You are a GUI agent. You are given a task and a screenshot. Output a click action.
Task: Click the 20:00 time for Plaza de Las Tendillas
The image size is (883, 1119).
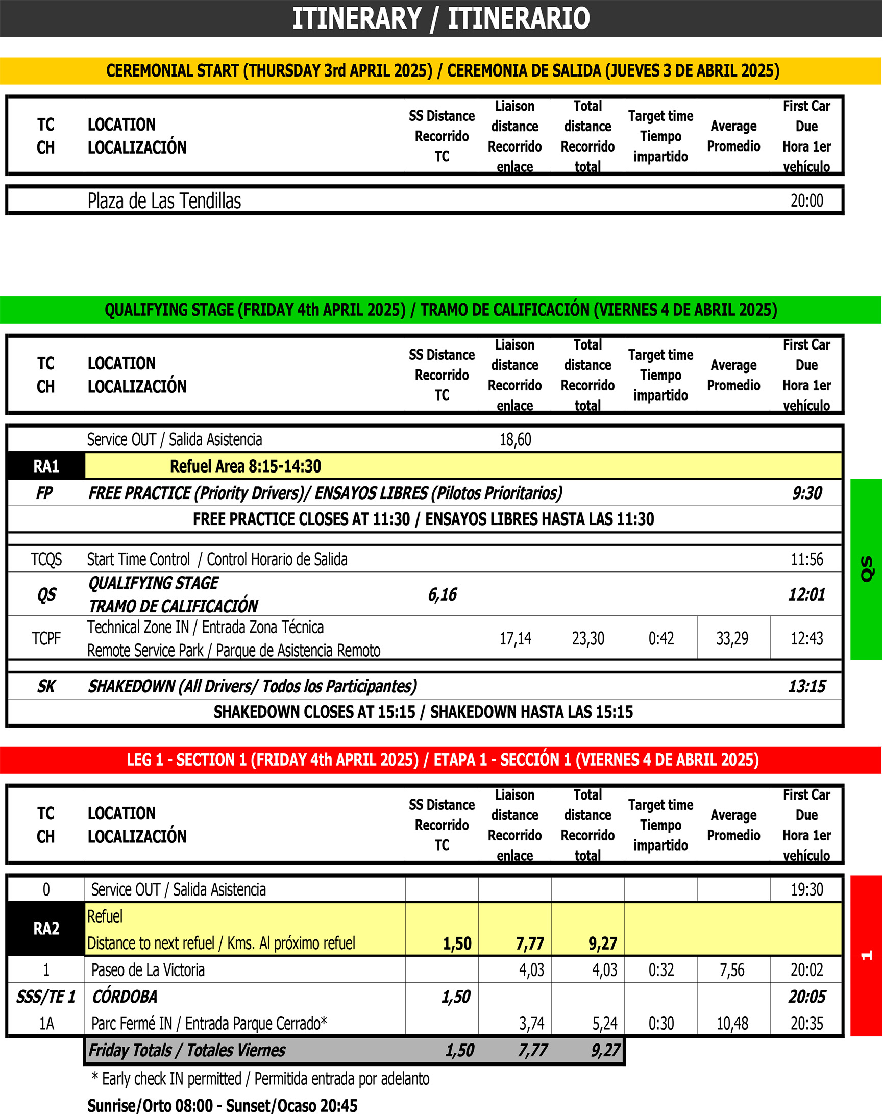click(806, 201)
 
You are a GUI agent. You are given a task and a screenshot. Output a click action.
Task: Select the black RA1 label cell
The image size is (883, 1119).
click(46, 466)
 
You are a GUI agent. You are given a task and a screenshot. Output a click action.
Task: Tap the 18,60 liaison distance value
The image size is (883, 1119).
click(515, 439)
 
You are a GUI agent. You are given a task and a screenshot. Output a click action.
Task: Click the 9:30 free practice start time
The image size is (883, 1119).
click(807, 493)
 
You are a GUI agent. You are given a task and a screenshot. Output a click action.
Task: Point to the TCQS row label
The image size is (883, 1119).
click(46, 559)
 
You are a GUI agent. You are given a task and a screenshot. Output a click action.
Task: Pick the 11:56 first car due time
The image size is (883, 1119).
click(806, 559)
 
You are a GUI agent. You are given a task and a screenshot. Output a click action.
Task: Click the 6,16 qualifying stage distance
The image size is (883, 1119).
click(442, 594)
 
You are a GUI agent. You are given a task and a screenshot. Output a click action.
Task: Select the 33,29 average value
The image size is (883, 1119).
click(732, 638)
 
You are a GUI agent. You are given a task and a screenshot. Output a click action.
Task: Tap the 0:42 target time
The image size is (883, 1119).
click(660, 638)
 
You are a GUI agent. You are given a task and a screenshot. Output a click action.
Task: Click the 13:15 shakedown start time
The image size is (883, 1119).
click(806, 686)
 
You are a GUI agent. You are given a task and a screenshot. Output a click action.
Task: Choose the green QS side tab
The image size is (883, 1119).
click(867, 569)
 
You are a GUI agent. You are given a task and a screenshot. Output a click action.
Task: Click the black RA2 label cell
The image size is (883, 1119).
click(46, 929)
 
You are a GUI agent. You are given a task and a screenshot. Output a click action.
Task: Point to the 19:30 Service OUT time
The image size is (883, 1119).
click(806, 889)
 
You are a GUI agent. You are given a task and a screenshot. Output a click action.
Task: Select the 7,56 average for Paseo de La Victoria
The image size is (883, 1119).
click(732, 970)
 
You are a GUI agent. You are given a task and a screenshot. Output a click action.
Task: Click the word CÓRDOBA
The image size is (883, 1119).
click(125, 997)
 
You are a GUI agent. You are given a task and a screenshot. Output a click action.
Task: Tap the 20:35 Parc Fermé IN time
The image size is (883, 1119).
click(806, 1024)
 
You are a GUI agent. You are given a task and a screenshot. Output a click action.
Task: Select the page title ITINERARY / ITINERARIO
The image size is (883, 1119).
click(441, 18)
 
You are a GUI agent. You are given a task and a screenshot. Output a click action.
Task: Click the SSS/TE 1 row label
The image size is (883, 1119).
click(46, 997)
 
